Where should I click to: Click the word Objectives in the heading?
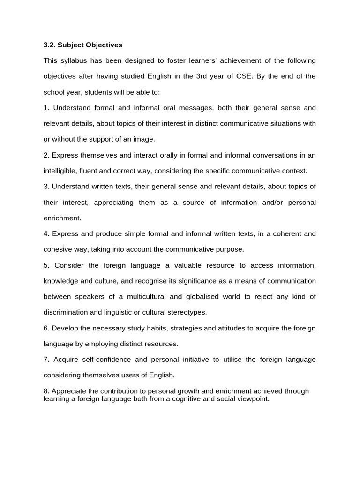(100, 45)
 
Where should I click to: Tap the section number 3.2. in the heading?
(49, 45)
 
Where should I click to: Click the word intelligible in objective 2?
(61, 171)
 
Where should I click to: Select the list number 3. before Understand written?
(46, 187)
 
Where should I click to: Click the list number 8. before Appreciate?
(46, 391)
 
